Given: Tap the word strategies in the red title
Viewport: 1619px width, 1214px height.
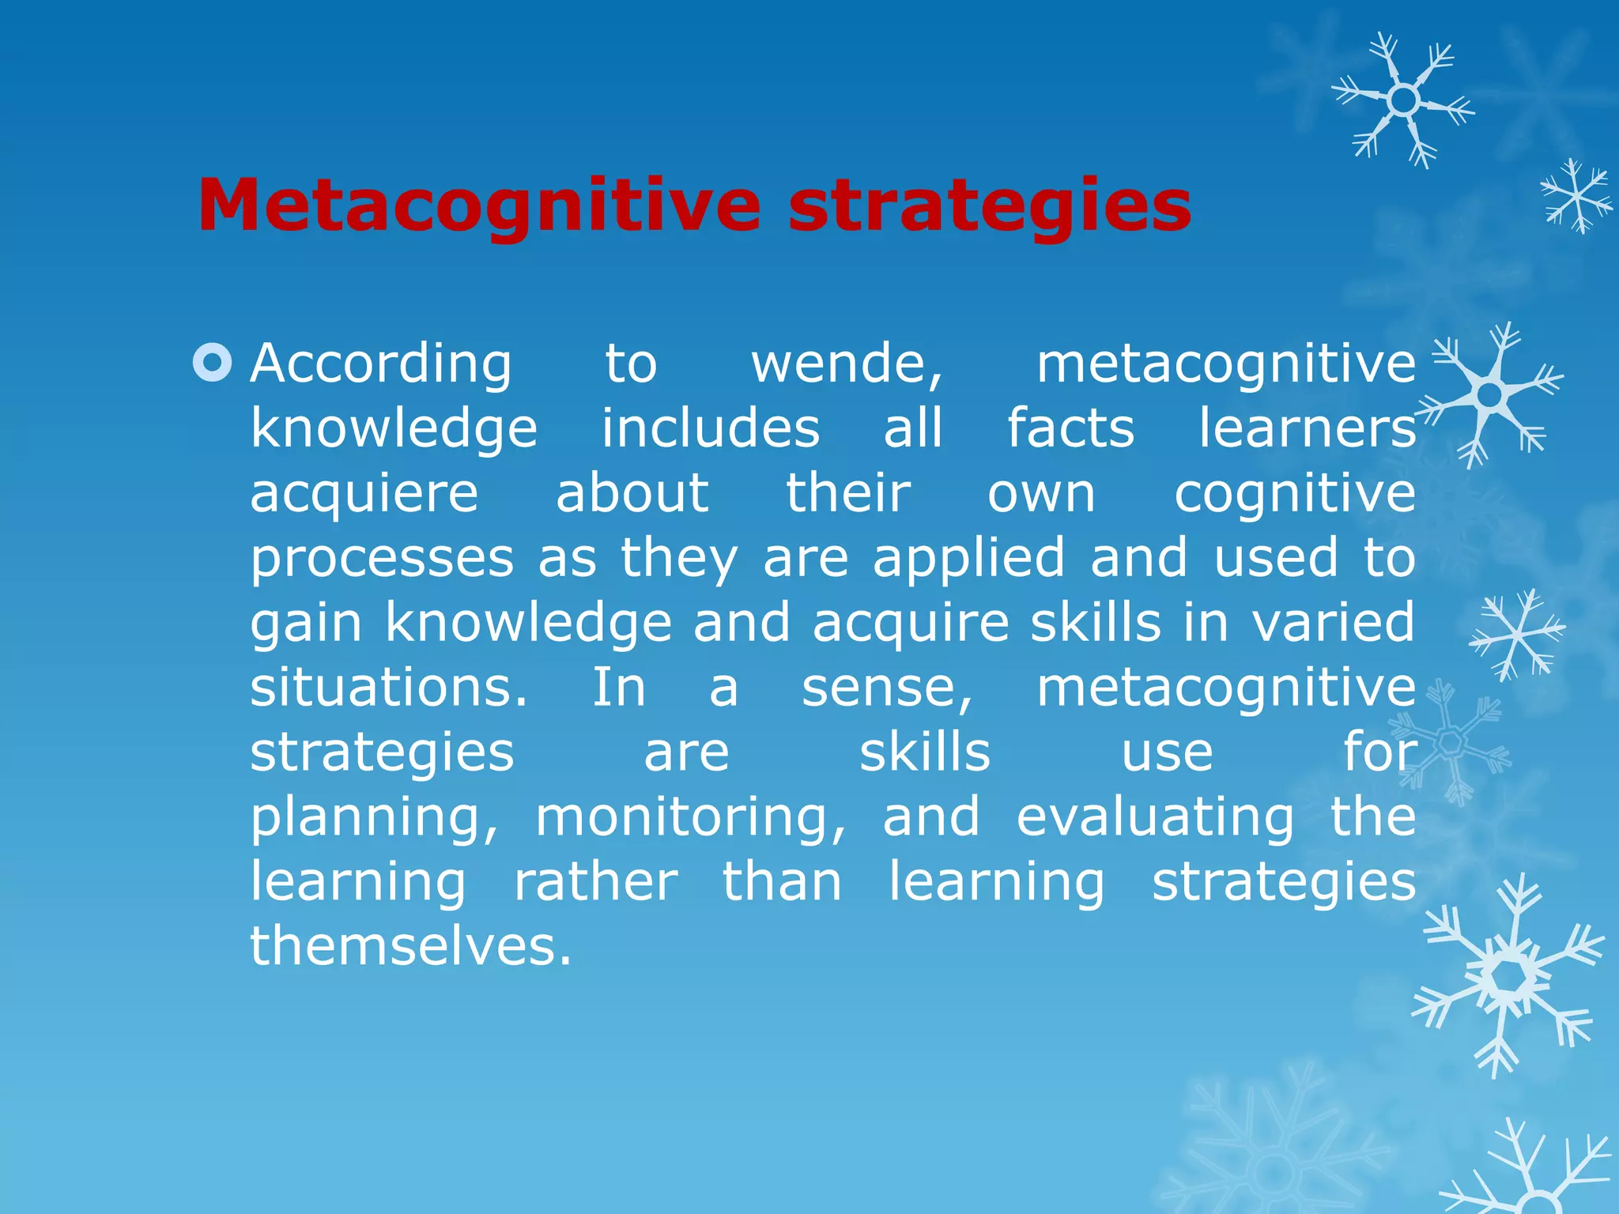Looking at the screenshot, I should [x=990, y=207].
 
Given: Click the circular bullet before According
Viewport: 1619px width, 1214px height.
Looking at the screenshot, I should [x=213, y=363].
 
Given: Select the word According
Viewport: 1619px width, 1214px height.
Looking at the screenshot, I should [x=381, y=365].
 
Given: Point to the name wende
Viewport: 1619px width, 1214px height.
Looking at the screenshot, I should [x=847, y=365].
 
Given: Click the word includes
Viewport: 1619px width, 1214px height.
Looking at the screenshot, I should [x=711, y=428].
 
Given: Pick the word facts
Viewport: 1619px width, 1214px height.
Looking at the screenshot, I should [x=1070, y=428].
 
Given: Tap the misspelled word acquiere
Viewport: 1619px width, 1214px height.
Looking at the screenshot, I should [x=364, y=495].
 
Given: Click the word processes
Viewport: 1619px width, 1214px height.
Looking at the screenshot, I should [x=382, y=560].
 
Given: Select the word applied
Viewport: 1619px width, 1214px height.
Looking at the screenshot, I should [x=969, y=558].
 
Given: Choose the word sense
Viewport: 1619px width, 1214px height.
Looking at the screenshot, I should [x=887, y=689].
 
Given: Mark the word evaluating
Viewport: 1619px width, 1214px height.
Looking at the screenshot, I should [x=1155, y=819].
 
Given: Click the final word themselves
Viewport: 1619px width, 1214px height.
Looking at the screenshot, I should [x=410, y=947].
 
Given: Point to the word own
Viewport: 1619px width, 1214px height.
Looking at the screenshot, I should [x=1041, y=495].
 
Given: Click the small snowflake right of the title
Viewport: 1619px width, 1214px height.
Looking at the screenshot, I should [x=1576, y=196].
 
